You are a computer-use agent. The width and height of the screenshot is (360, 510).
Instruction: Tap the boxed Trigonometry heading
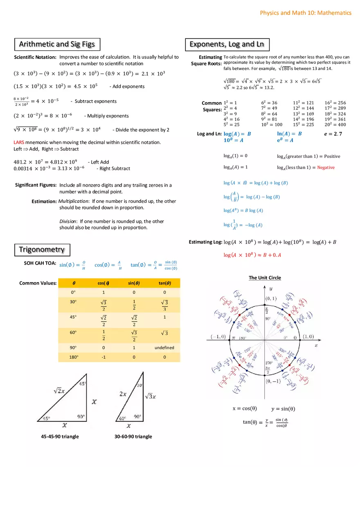pos(42,249)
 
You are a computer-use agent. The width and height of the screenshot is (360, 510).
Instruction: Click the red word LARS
pos(19,142)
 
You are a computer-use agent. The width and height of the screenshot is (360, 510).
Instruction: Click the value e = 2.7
pos(333,134)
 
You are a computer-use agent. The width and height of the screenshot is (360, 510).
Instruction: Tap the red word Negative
pos(326,167)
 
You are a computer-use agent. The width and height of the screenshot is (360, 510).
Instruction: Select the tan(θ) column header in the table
pos(164,283)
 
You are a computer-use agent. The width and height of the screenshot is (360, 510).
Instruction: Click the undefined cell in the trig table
pos(164,348)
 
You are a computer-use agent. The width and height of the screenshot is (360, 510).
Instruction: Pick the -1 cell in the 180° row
pos(103,357)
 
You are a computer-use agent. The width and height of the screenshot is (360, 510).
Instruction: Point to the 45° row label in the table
pos(74,317)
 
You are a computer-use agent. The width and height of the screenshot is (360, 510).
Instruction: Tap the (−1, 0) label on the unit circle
pos(218,337)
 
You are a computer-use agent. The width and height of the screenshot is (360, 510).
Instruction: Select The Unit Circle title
pos(265,278)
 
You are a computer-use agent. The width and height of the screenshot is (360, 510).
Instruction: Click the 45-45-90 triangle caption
pos(60,436)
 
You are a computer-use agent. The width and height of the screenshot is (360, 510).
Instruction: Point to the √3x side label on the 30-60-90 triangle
pos(151,396)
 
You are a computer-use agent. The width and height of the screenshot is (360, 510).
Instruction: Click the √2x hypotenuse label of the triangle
pos(59,391)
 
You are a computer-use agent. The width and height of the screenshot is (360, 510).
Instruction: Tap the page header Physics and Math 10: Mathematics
pos(306,13)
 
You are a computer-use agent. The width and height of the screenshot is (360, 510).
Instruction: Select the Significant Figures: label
pos(36,185)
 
